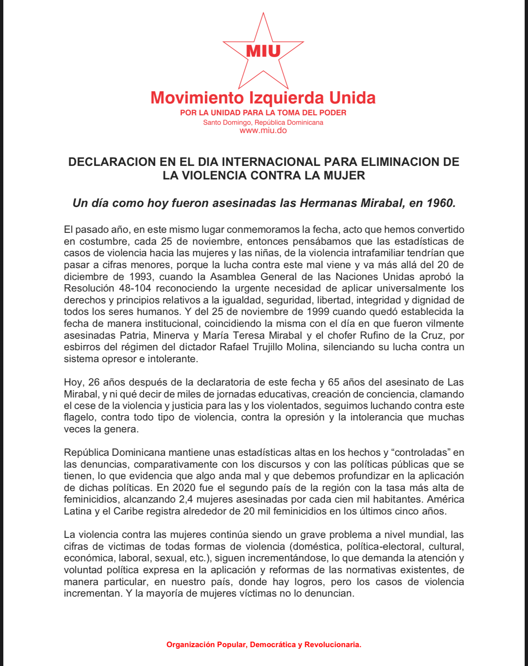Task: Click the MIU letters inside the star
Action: [263, 51]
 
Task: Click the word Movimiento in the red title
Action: [197, 98]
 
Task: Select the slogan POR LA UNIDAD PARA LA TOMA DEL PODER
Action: [263, 113]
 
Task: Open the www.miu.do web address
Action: [263, 131]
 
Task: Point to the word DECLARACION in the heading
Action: [112, 162]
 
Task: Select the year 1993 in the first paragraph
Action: [141, 276]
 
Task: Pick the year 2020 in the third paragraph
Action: [184, 488]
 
